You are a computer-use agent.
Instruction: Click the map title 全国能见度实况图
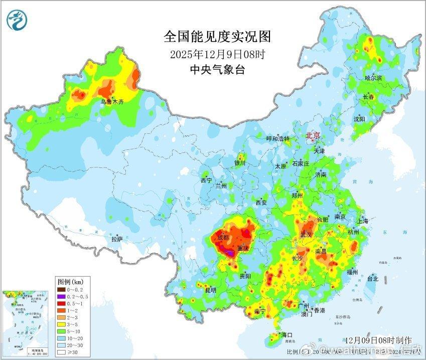(217, 37)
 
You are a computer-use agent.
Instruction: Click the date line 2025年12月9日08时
(217, 54)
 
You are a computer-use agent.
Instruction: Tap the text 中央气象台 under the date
(217, 70)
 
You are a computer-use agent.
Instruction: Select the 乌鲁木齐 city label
(111, 101)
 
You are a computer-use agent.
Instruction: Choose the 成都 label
(223, 237)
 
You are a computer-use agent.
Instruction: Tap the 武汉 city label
(306, 234)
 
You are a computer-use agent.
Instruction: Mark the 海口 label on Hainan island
(287, 334)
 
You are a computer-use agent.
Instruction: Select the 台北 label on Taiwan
(372, 279)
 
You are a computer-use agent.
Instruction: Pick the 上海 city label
(362, 221)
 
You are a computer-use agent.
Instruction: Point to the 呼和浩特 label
(277, 139)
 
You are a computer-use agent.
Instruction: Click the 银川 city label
(239, 163)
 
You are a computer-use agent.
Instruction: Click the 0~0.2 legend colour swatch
(61, 289)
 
